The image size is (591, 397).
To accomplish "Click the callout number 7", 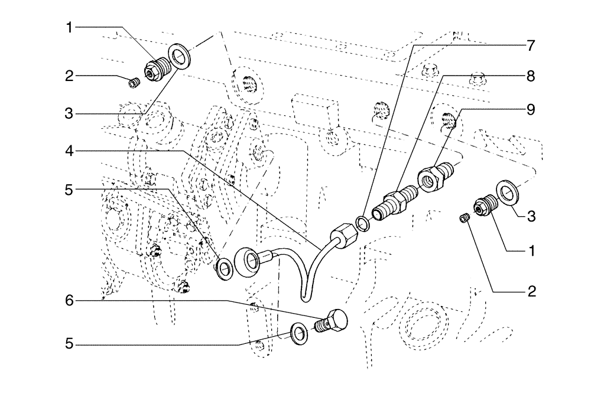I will pyautogui.click(x=530, y=45).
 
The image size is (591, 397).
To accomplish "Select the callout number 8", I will pyautogui.click(x=530, y=76).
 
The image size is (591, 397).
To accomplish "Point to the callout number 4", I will pyautogui.click(x=70, y=152).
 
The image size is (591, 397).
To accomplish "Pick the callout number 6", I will pyautogui.click(x=70, y=301).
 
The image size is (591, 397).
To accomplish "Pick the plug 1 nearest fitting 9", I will pyautogui.click(x=480, y=206).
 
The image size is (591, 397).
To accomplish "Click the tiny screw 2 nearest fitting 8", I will pyautogui.click(x=465, y=220).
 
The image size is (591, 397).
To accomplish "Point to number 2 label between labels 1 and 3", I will pyautogui.click(x=70, y=76).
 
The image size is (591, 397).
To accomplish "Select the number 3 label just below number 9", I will pyautogui.click(x=530, y=216).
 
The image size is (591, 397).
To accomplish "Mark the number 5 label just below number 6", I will pyautogui.click(x=70, y=344).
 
